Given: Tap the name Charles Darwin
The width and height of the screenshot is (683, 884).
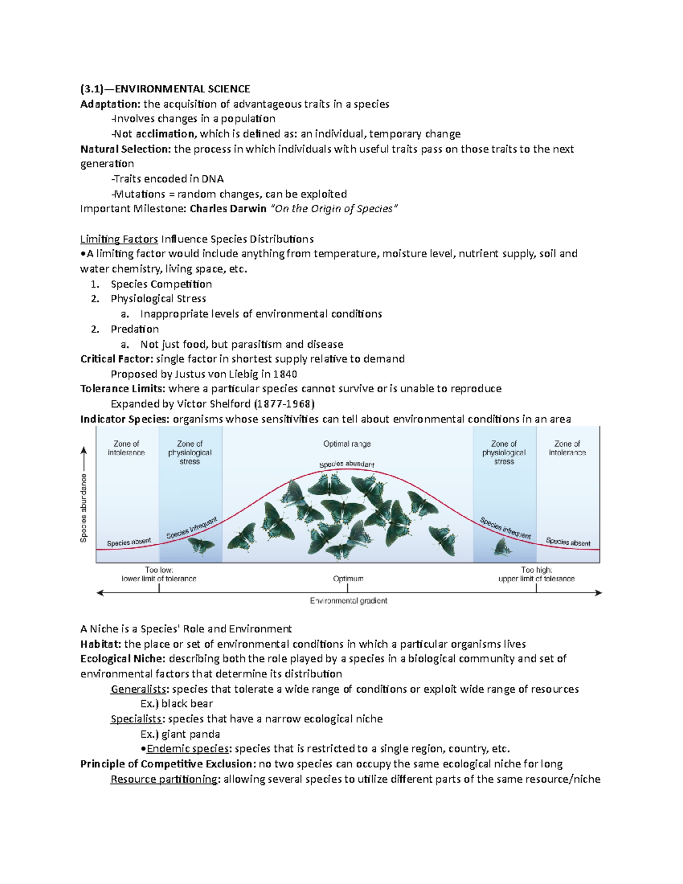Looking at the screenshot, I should [x=228, y=208].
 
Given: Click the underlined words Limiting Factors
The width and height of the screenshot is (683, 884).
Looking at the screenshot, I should [x=119, y=239].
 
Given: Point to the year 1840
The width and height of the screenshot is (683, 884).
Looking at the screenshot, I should [x=285, y=374].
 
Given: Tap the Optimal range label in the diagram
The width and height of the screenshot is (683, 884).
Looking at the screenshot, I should [x=347, y=444].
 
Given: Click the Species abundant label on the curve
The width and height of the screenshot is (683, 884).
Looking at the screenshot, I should [x=347, y=464].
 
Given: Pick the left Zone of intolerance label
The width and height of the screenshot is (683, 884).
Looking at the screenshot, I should [x=126, y=448].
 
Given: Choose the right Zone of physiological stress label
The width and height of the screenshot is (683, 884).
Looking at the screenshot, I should [x=504, y=453].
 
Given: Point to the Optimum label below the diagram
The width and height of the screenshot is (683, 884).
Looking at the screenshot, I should [x=348, y=579].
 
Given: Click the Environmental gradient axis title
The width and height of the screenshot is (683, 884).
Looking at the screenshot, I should [x=348, y=601].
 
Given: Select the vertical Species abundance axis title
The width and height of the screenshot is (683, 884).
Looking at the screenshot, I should [x=84, y=508].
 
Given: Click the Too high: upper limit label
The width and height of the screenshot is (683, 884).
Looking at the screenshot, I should [x=536, y=574].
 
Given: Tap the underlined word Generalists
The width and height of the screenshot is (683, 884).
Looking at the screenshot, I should [x=139, y=689].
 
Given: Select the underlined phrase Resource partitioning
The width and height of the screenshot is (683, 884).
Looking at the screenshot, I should [x=164, y=779].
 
